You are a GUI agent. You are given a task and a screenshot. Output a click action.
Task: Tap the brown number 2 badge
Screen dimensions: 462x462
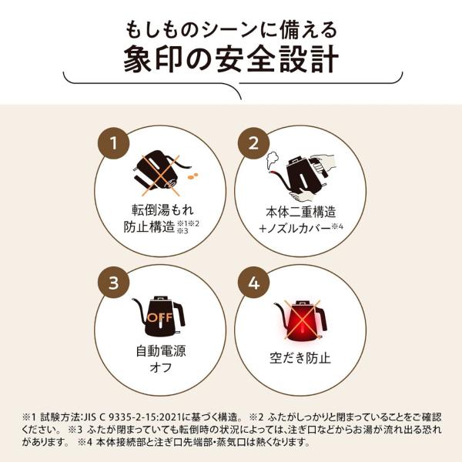250,142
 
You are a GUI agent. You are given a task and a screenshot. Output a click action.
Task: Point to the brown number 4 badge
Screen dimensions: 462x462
250,282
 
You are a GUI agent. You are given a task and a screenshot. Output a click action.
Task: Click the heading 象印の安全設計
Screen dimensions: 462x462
231,61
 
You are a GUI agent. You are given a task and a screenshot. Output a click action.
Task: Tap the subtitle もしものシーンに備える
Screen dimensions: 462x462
231,28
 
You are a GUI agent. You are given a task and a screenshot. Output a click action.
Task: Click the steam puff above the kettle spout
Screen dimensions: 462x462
271,159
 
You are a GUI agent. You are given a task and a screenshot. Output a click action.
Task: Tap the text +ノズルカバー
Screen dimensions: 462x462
290,227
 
